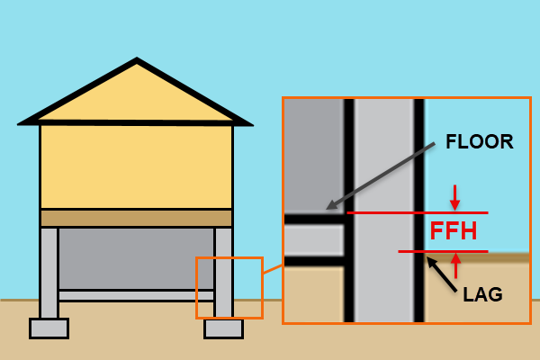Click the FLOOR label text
[x=480, y=141]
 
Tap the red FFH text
[x=454, y=231]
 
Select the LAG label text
[x=482, y=294]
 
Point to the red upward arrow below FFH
[x=455, y=265]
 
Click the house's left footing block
[x=49, y=328]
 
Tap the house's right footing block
[x=223, y=328]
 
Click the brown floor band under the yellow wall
[x=136, y=218]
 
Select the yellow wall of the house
[x=136, y=166]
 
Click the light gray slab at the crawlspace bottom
[x=136, y=295]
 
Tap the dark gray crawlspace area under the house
[x=136, y=256]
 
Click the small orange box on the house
[x=229, y=288]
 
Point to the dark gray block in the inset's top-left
[x=313, y=153]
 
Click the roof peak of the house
[x=137, y=62]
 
